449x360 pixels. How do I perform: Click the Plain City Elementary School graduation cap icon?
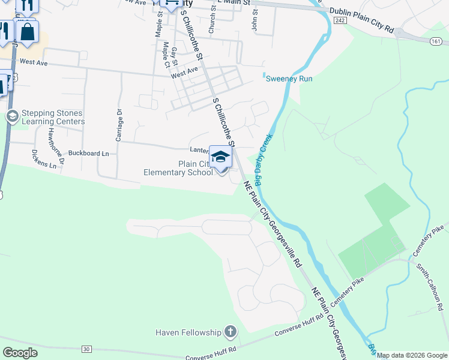coord(221,157)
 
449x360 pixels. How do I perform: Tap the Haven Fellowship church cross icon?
coord(230,331)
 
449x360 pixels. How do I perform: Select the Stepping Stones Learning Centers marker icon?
coord(11,116)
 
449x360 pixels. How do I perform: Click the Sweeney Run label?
coord(289,79)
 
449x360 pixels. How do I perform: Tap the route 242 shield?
coord(340,20)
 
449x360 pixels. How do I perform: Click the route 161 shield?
coord(436,41)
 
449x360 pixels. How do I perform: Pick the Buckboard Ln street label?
coord(88,154)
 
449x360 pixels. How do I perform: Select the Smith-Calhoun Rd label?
coord(431,282)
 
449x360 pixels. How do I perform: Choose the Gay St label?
coord(174,56)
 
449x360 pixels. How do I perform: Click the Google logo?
coord(20,353)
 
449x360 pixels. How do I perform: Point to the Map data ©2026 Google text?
coord(412,355)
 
